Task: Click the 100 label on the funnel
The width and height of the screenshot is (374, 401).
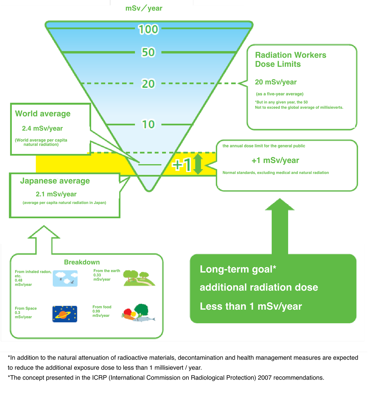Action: click(148, 29)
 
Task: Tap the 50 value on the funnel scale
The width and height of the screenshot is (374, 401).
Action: click(148, 52)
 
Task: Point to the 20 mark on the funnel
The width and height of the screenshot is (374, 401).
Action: click(148, 84)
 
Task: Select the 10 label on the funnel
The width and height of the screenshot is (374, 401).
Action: click(148, 124)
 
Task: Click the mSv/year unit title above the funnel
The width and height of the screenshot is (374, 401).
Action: click(144, 8)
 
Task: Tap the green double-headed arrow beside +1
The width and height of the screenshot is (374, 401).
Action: click(198, 164)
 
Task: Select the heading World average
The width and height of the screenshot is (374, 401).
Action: click(43, 114)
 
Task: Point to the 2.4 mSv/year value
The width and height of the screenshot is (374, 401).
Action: click(42, 128)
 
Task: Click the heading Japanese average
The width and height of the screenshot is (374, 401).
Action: click(55, 181)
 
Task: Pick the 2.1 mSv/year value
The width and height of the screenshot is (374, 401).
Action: click(56, 194)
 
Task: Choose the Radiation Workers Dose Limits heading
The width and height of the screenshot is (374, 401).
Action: click(290, 59)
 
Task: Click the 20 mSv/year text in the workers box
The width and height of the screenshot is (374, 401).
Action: click(276, 82)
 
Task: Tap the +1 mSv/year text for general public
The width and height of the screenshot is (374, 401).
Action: click(275, 160)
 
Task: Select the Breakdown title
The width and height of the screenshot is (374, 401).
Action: click(82, 262)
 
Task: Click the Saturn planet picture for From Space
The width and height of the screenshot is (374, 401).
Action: click(65, 314)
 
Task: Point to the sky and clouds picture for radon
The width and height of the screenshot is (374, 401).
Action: click(65, 278)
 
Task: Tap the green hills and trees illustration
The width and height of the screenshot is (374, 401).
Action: click(139, 278)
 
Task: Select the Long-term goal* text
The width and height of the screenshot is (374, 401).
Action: click(238, 269)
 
